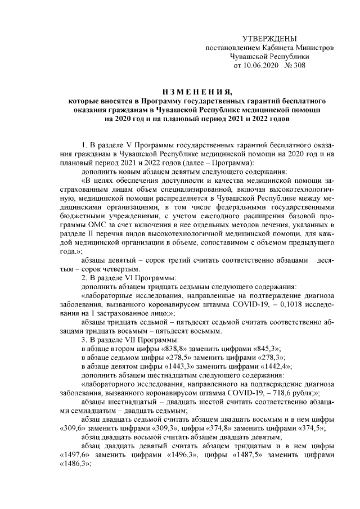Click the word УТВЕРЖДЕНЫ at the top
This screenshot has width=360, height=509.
(269, 38)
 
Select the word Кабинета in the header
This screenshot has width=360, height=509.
(276, 47)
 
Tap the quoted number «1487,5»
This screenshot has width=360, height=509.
(237, 456)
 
